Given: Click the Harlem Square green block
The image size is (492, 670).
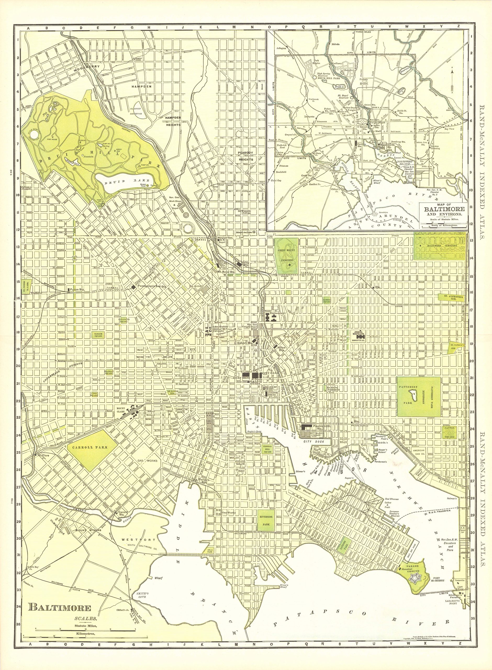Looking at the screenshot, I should tap(99, 336).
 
